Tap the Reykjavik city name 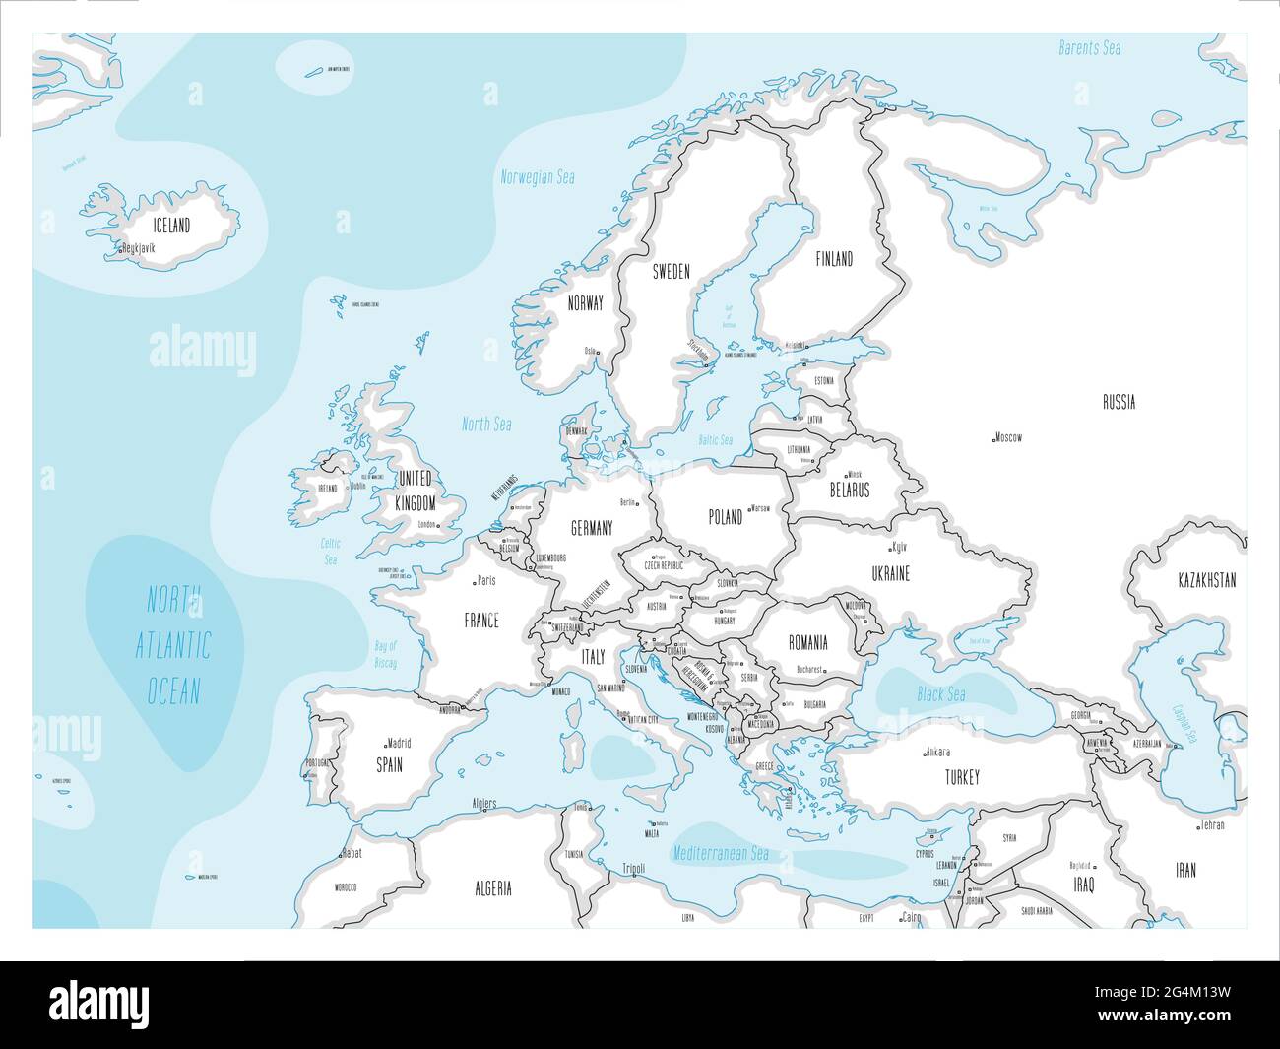click(x=140, y=249)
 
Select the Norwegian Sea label click(x=538, y=178)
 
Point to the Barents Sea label click(x=1090, y=47)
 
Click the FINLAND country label click(x=834, y=259)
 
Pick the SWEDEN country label click(x=672, y=271)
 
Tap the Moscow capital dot click(x=994, y=438)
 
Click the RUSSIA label click(x=1119, y=402)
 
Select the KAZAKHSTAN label click(x=1206, y=580)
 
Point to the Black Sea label click(x=941, y=694)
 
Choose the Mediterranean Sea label click(x=721, y=854)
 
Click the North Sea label click(x=487, y=425)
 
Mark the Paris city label click(x=484, y=581)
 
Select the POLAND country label click(x=726, y=517)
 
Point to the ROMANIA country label click(x=807, y=643)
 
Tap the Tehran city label click(x=1212, y=825)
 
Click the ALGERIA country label click(x=493, y=888)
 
